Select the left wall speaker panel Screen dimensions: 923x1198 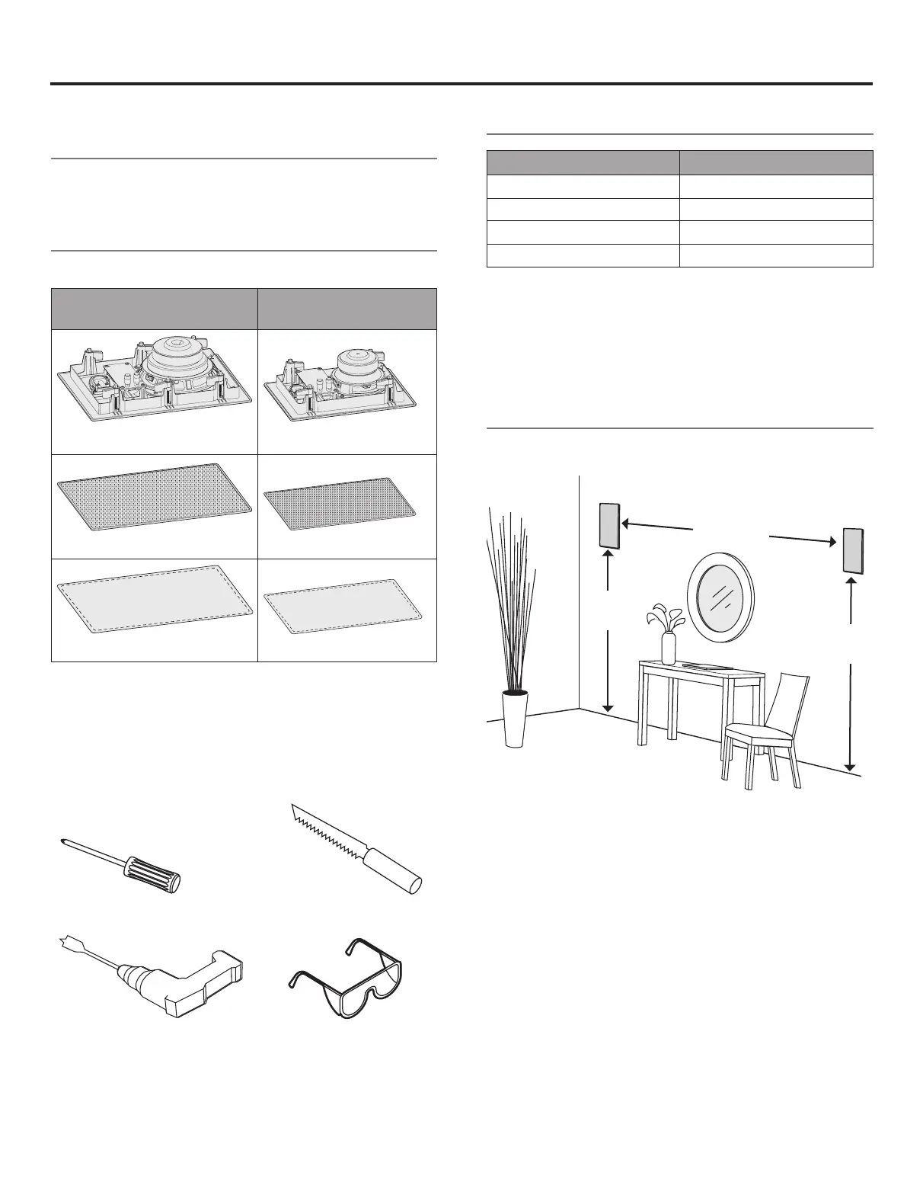pyautogui.click(x=609, y=525)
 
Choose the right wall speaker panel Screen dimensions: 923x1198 pyautogui.click(x=852, y=550)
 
